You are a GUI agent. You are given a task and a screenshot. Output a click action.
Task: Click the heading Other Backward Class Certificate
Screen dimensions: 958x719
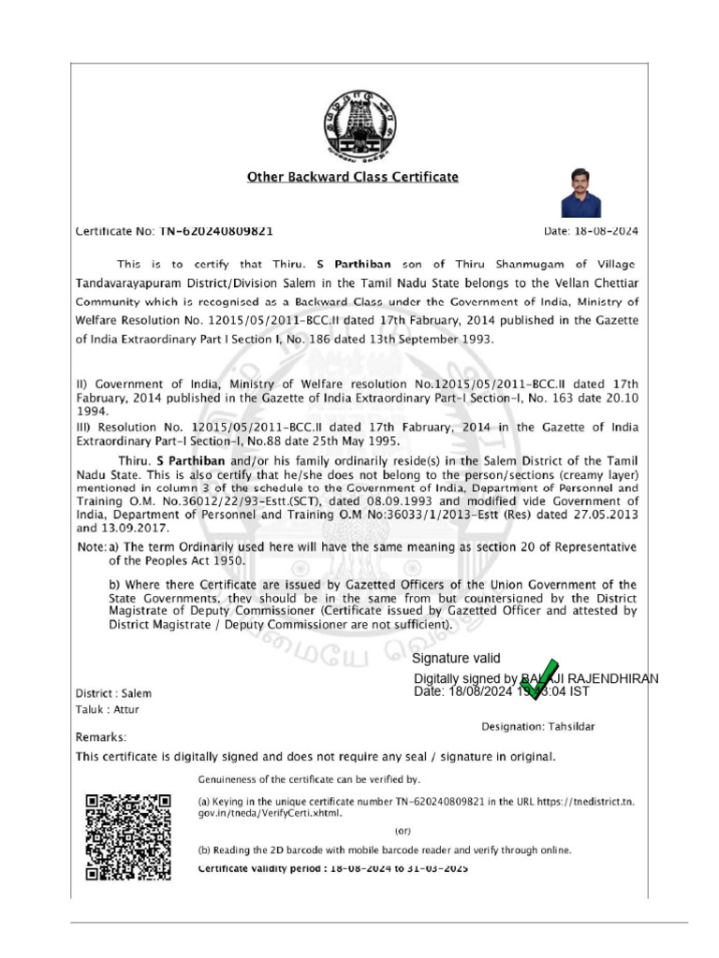(352, 177)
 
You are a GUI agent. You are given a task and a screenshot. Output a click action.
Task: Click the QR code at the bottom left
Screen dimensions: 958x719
(127, 836)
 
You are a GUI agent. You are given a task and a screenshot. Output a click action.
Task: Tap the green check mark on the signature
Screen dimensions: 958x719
(539, 675)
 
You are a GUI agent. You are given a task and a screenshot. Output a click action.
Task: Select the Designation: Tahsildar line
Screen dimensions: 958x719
(537, 726)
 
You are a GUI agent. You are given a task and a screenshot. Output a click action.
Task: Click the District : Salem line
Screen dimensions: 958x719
(113, 693)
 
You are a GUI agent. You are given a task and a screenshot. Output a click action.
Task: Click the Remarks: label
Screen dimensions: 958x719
(101, 737)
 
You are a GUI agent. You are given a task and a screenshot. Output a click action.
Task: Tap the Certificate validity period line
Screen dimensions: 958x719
(332, 868)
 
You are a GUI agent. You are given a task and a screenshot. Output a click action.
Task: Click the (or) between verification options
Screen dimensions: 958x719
(402, 830)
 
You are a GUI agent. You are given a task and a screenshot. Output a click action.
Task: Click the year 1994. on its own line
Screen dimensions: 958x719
(92, 410)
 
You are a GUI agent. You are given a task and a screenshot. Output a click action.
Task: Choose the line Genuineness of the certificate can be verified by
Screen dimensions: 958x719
(310, 778)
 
